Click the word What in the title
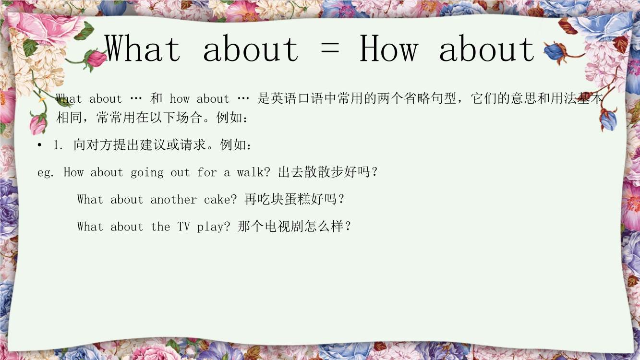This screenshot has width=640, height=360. [143, 48]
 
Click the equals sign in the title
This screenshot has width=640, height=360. [330, 48]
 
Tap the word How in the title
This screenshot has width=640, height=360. [389, 48]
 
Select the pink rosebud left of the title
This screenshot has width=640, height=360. [96, 59]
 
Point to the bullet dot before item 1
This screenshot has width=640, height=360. [39, 145]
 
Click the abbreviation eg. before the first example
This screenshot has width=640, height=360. [46, 173]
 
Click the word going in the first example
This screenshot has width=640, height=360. [147, 173]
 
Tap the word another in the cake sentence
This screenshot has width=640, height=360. [173, 199]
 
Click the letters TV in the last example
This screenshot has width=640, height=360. [183, 227]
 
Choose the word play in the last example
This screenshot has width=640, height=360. [210, 227]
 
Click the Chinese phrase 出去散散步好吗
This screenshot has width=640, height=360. [324, 172]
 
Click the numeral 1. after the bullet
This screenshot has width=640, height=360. [58, 145]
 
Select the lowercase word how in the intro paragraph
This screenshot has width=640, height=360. [180, 98]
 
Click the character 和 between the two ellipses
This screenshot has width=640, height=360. [156, 98]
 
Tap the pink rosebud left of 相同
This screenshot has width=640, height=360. [38, 124]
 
